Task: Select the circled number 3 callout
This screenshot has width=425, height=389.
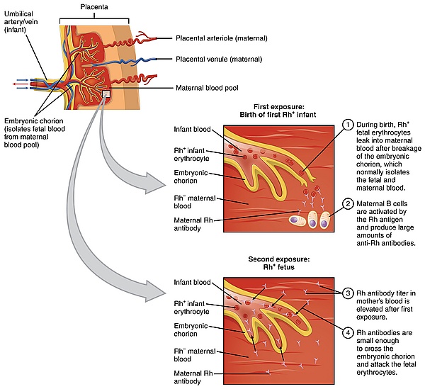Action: click(348, 292)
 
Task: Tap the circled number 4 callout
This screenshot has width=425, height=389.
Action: click(348, 332)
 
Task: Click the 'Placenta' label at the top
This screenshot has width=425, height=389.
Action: click(95, 6)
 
